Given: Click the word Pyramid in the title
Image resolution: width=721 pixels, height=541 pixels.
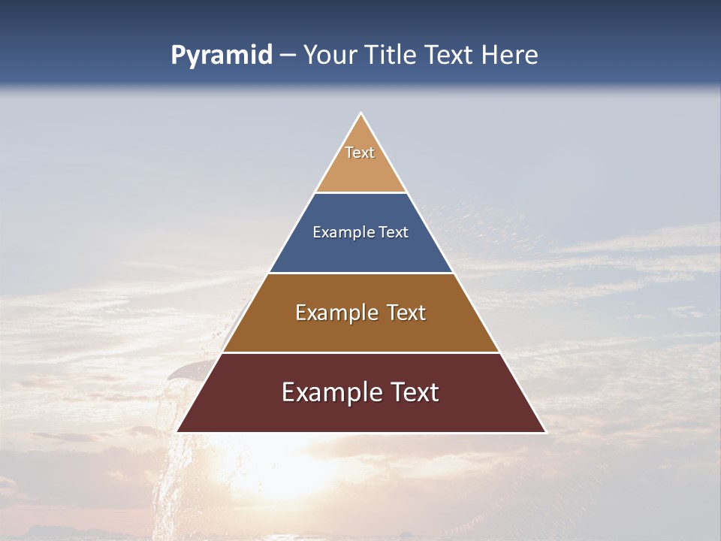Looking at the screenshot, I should [221, 56].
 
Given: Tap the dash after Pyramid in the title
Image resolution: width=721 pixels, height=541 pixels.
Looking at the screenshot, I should [288, 56].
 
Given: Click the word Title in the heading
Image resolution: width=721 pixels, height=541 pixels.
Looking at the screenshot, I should [392, 56].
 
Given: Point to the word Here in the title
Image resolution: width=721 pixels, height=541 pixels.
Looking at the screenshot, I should [510, 56].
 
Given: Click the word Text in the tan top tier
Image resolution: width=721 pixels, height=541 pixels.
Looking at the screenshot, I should [360, 153].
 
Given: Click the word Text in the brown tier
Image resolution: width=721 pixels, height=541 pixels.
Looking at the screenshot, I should [406, 313].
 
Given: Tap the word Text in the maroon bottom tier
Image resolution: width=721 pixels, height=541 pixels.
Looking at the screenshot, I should [412, 392].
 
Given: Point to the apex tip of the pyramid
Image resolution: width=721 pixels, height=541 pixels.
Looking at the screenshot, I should [361, 114].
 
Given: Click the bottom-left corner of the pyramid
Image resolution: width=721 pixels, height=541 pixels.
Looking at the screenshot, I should [178, 431].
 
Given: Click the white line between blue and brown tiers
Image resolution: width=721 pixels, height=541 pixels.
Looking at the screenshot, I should [360, 273].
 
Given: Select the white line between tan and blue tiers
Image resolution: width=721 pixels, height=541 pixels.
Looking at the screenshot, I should [360, 192].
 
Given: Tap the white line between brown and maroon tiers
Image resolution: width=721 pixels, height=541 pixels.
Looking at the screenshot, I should [360, 352].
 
